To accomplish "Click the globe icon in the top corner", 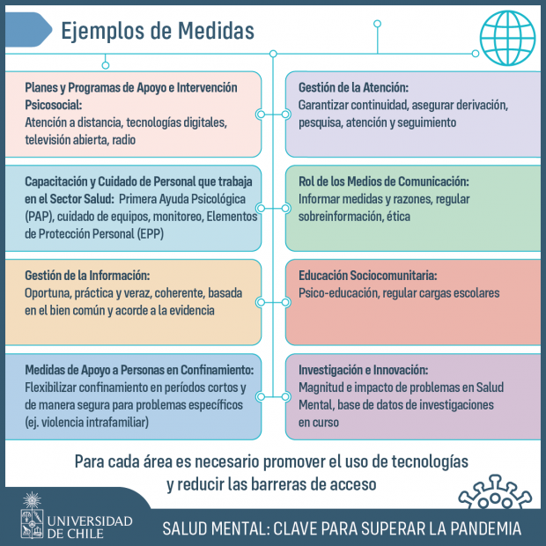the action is tap(507, 38).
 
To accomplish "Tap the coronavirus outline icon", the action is tap(495, 491).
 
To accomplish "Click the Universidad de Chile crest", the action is tap(32, 515).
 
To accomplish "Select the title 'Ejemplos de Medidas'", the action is tap(158, 31).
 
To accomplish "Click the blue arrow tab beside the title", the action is tap(28, 30).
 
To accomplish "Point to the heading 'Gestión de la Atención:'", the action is tap(353, 87).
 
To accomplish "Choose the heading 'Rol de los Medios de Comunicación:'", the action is tap(384, 181).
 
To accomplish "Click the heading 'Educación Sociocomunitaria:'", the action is tap(368, 276).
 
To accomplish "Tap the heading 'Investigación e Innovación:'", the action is tap(363, 370).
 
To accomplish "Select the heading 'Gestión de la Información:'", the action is tap(87, 276).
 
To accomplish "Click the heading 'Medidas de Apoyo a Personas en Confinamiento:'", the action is tap(139, 370).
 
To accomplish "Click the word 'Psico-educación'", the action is tap(338, 293).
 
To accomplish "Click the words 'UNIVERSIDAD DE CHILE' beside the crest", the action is tap(90, 528).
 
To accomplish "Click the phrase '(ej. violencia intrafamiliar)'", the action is tap(86, 423).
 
